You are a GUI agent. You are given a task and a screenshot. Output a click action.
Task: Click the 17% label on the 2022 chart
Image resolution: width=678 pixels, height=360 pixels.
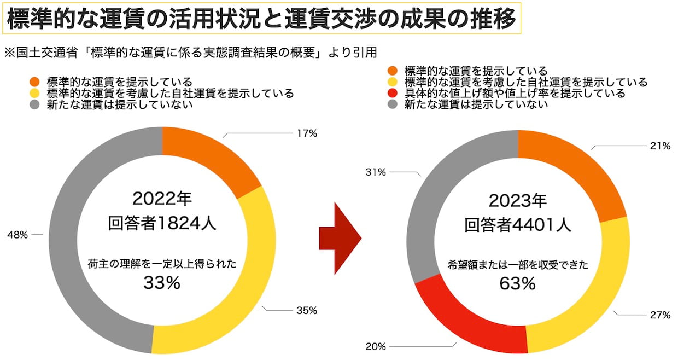click(306, 133)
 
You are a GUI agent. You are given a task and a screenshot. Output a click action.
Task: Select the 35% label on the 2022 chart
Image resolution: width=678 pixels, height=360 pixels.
click(306, 310)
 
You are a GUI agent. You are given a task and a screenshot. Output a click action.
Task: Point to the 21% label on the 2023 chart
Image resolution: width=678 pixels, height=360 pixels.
click(659, 146)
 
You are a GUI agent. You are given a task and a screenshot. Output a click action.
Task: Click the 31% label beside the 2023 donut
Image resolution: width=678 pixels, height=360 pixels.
click(376, 172)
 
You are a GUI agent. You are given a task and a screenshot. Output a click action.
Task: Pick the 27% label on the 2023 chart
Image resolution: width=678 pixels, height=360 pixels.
click(659, 315)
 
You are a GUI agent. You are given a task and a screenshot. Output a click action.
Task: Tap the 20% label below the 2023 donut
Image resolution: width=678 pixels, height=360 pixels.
click(376, 346)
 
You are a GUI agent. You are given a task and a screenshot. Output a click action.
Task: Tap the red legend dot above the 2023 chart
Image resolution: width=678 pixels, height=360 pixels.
click(392, 94)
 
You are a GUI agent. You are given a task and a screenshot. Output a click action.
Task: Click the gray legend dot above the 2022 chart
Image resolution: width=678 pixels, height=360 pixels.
click(35, 104)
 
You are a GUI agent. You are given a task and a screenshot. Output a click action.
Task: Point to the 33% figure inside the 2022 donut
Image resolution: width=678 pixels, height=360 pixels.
click(162, 283)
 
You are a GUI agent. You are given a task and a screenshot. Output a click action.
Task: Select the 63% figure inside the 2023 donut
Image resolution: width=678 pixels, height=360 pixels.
click(517, 284)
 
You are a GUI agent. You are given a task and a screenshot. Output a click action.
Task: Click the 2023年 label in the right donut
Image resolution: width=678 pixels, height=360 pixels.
click(517, 201)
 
